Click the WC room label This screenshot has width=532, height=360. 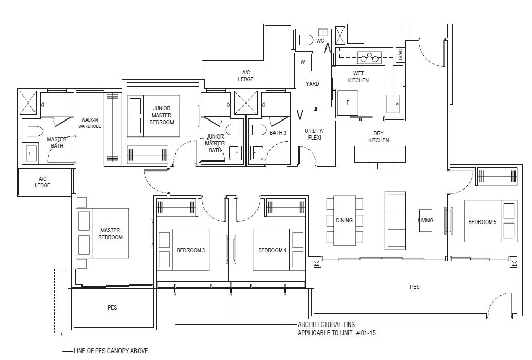tap(320, 41)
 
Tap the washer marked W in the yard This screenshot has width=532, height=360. tap(303, 62)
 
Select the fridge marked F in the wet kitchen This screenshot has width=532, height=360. tap(348, 103)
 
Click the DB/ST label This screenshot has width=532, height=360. tap(400, 55)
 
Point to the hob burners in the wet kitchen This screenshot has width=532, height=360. tap(369, 58)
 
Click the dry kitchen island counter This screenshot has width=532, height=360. tap(380, 155)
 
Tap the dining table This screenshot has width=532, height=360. tap(345, 220)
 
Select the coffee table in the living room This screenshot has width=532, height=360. tap(425, 220)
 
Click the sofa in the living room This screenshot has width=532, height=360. tap(395, 220)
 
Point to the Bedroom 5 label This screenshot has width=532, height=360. tap(482, 222)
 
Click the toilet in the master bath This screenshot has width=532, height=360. tap(34, 131)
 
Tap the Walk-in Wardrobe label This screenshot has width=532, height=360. tap(90, 123)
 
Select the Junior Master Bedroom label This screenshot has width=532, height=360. tap(162, 115)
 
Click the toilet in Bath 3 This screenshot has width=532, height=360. tap(258, 131)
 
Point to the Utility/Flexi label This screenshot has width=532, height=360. tap(314, 134)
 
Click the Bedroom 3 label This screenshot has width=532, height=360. tap(191, 251)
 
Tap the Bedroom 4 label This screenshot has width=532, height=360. tap(272, 251)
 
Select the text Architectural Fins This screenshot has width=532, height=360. tap(326, 324)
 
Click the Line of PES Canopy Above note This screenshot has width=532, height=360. tap(111, 351)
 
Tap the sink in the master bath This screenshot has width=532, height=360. tap(29, 153)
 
